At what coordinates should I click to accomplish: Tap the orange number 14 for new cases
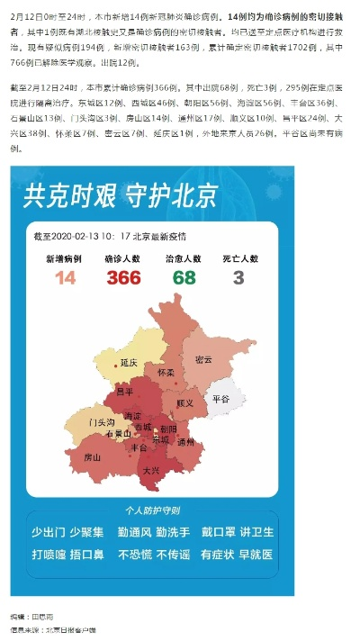coord(65,278)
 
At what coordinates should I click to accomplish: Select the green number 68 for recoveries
coord(184,278)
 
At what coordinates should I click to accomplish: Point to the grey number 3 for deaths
coord(238,278)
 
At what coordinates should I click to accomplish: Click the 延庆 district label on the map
coord(128,363)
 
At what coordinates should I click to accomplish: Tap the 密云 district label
coord(203,359)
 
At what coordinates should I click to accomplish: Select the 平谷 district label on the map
coord(220,398)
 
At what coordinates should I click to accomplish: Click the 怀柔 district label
coord(166,372)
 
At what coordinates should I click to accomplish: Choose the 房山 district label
coord(92,457)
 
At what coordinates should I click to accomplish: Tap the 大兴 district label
coord(150,471)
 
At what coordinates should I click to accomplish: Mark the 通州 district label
coord(185,442)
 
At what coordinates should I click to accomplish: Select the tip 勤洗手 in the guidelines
coord(173,532)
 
